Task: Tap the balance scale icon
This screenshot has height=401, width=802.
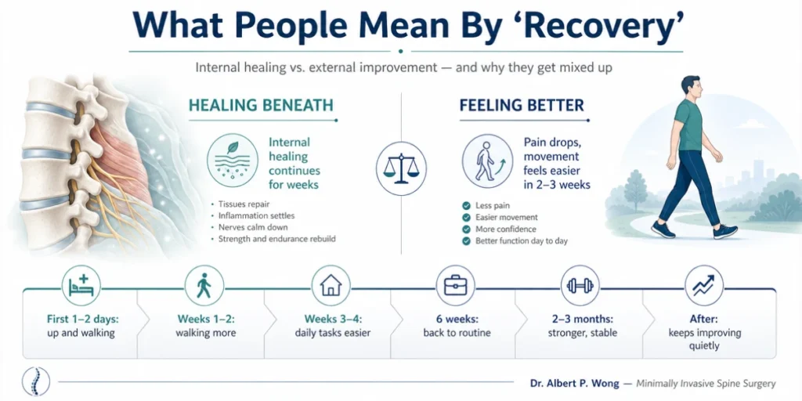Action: tap(401, 168)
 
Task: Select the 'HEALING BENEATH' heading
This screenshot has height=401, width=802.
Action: tap(261, 106)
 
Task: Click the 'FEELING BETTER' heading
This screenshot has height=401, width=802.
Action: tap(522, 106)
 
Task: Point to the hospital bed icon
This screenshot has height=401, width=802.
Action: tap(81, 285)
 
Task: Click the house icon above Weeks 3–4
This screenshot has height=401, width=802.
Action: tap(331, 285)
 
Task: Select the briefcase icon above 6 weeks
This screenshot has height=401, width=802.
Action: tap(455, 285)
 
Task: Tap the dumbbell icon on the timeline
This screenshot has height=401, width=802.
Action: tap(580, 285)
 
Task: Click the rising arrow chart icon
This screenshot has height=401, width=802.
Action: tap(704, 285)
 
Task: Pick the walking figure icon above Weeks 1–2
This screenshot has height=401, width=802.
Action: tap(204, 285)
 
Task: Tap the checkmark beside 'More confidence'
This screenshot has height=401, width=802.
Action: tap(466, 229)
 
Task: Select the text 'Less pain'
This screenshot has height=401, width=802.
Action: tap(493, 206)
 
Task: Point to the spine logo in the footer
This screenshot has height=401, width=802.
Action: tap(36, 381)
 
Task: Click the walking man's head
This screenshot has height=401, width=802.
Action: tap(690, 89)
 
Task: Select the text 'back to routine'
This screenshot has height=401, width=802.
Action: tap(457, 333)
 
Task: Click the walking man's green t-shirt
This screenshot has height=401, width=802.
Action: tap(689, 125)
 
